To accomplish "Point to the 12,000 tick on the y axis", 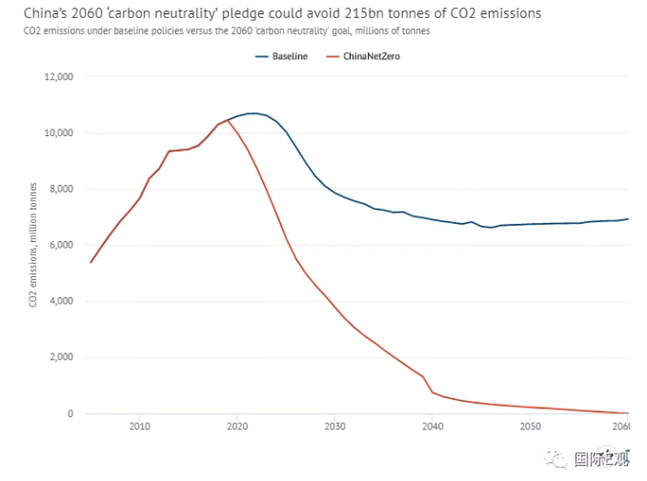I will [x=59, y=76].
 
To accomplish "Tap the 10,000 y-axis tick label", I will [x=59, y=132].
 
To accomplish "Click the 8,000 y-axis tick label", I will [x=62, y=189].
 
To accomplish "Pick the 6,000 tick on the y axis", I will [x=62, y=245].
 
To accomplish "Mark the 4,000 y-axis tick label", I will [x=62, y=301].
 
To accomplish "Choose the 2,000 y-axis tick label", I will [x=62, y=357].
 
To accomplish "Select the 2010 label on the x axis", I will [x=140, y=428].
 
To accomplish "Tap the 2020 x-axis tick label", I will [x=237, y=428].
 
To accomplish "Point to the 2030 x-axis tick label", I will [x=334, y=428].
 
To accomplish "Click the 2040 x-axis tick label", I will [x=433, y=428].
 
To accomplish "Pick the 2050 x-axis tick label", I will [x=530, y=428].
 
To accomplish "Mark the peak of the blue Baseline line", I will [x=253, y=113].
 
